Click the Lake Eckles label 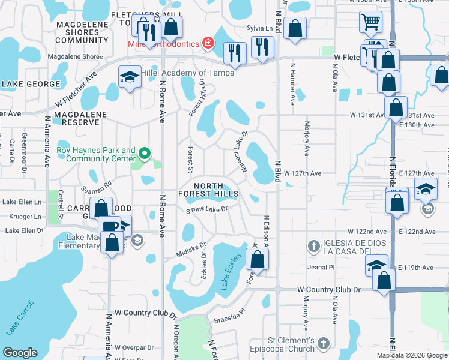pyautogui.click(x=231, y=271)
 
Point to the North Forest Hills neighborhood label pyautogui.click(x=208, y=190)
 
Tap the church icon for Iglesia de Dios pyautogui.click(x=313, y=245)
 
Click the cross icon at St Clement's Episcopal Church pyautogui.click(x=323, y=344)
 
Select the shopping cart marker pyautogui.click(x=371, y=23)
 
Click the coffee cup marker pyautogui.click(x=110, y=227)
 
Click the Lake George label pyautogui.click(x=31, y=84)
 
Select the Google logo pyautogui.click(x=20, y=353)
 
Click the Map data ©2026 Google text pyautogui.click(x=412, y=355)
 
